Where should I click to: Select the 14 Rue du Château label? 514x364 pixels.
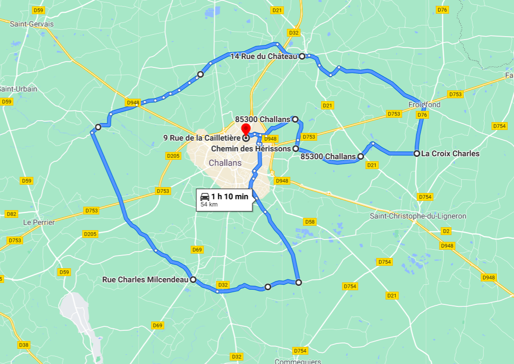click(264, 56)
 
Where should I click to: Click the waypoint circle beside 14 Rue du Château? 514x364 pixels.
click(302, 56)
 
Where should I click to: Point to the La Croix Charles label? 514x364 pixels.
click(450, 153)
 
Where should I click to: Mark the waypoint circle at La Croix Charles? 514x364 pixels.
click(417, 153)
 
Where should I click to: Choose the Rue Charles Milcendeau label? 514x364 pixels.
click(145, 280)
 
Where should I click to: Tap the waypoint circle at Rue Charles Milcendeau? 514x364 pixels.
click(193, 280)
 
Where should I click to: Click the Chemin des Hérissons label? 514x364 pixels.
click(251, 149)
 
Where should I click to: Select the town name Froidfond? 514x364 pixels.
click(424, 105)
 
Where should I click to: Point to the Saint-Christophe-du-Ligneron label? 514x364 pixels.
click(418, 216)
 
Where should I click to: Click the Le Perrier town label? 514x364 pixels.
click(39, 222)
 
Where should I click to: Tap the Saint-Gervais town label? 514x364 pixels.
click(32, 23)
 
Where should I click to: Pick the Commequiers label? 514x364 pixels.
click(298, 362)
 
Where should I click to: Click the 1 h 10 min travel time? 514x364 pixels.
click(229, 196)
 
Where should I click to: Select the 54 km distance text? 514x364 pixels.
click(209, 205)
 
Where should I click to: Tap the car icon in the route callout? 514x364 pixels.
click(205, 196)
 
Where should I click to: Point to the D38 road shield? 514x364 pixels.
click(23, 345)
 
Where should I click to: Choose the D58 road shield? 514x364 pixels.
click(309, 222)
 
